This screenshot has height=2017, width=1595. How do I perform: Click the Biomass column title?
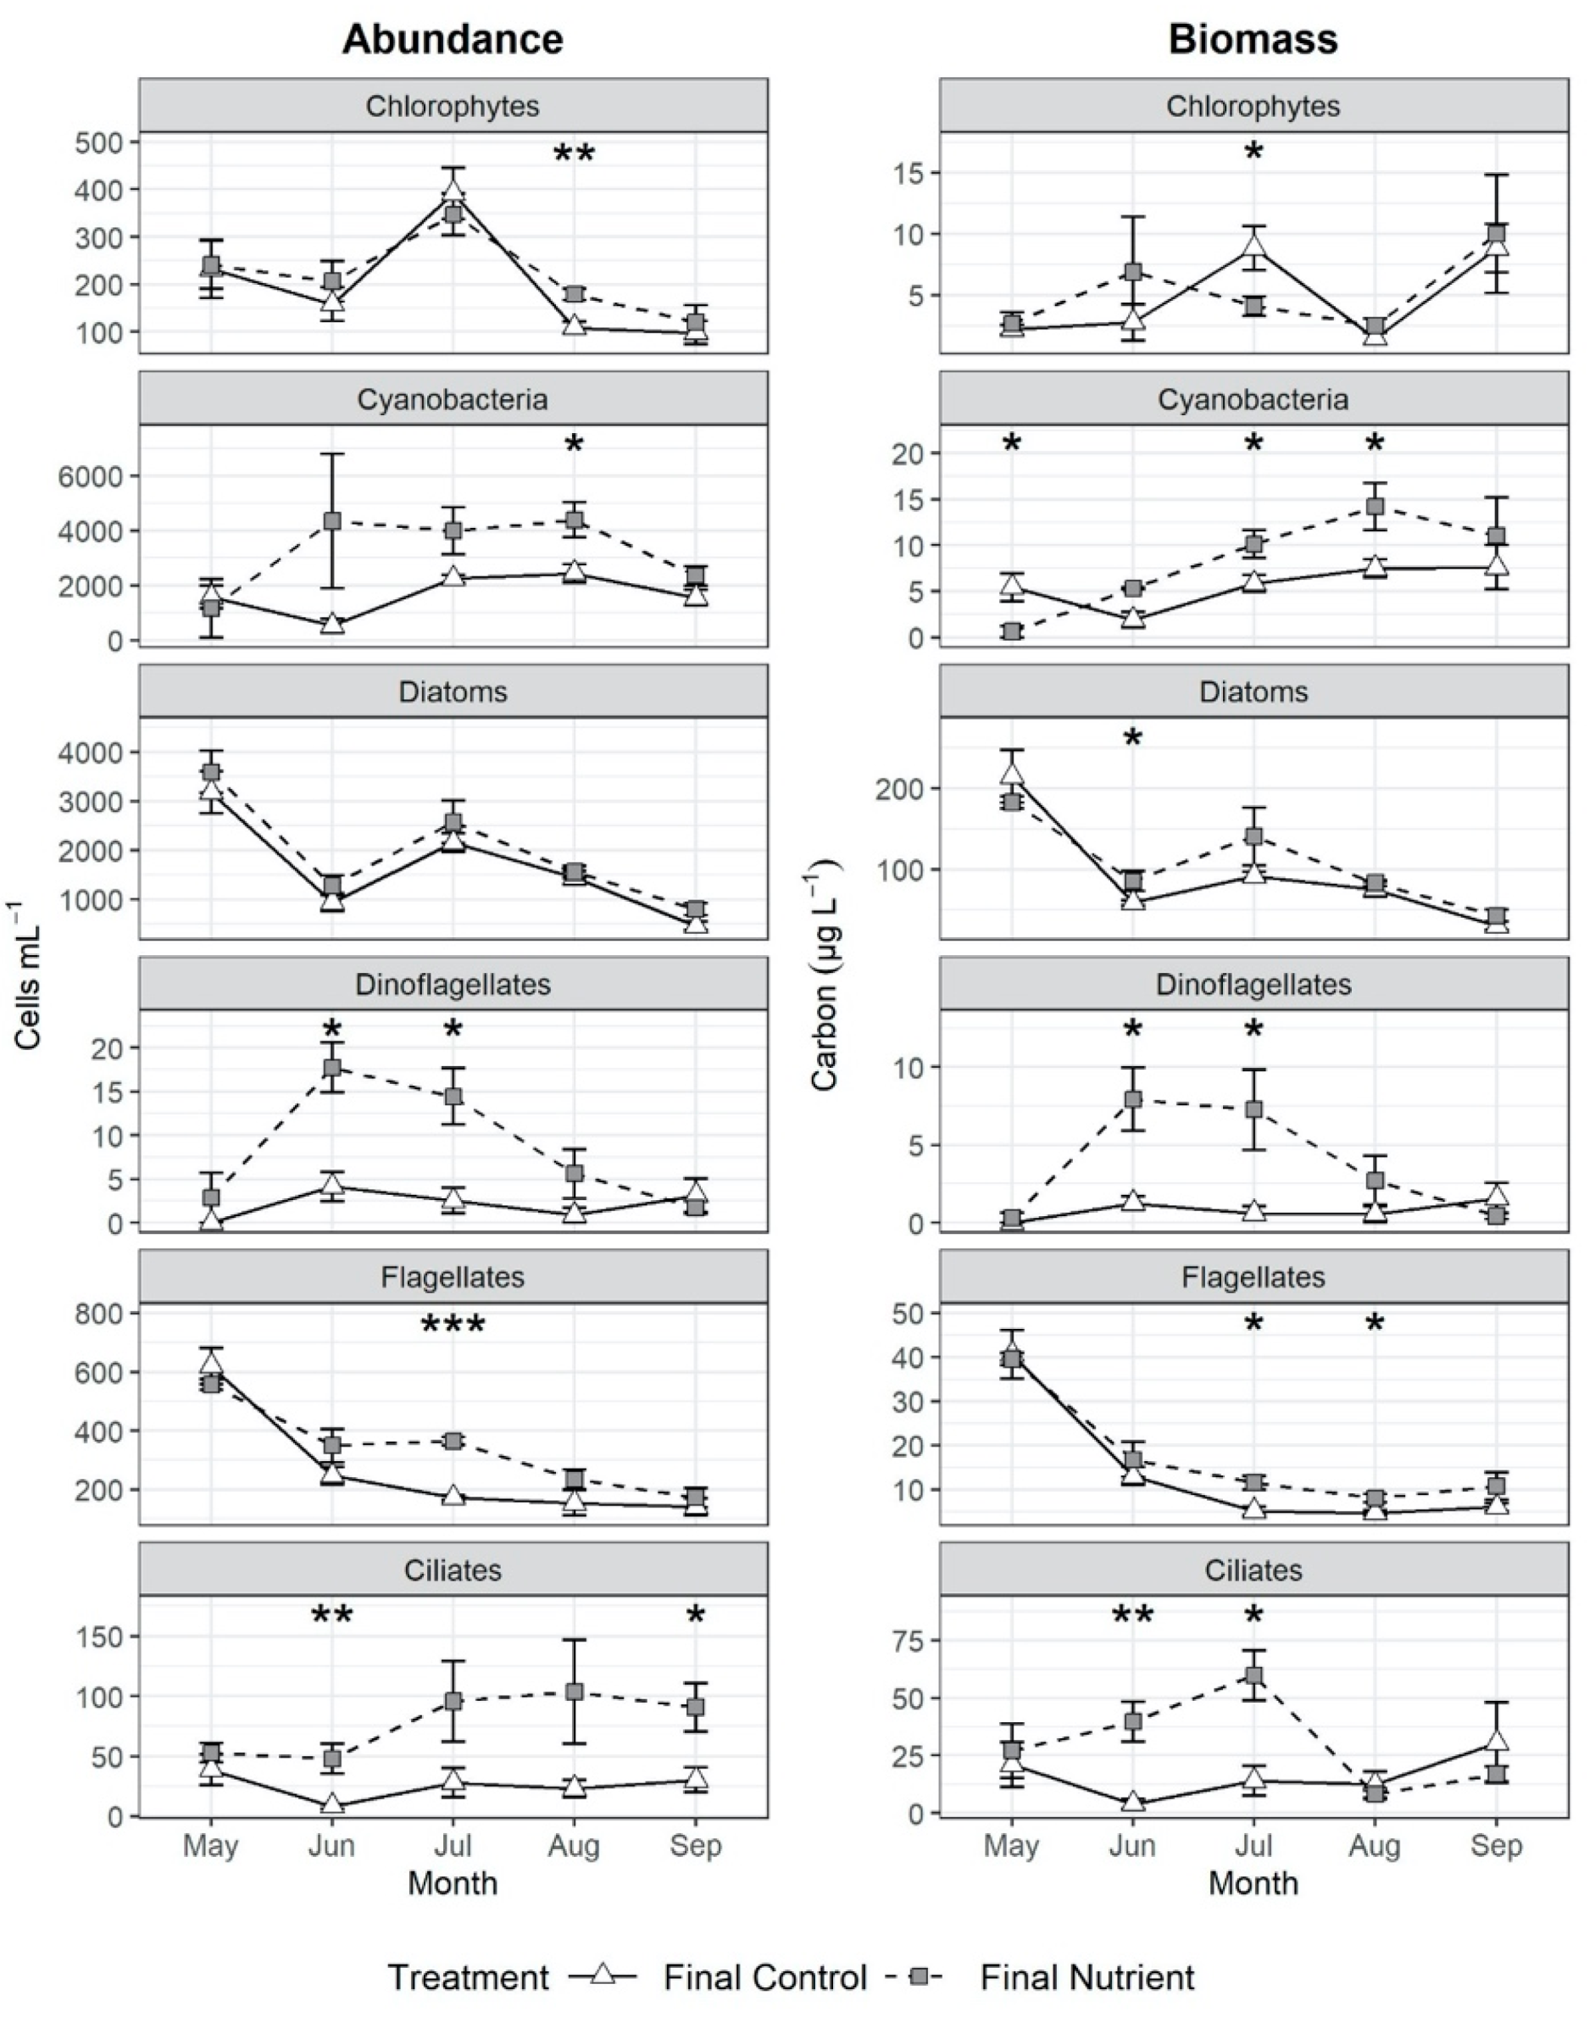tap(1253, 39)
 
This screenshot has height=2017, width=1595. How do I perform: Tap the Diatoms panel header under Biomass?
tap(1253, 691)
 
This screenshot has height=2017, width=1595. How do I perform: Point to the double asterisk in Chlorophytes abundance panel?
tap(575, 154)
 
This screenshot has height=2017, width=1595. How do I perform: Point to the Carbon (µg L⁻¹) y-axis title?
tap(825, 975)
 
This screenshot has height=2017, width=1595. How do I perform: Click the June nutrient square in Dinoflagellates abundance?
tap(331, 1067)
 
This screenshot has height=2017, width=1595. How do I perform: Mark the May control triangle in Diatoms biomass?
tap(1011, 773)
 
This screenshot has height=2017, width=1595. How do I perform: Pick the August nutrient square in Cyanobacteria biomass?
tap(1375, 506)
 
